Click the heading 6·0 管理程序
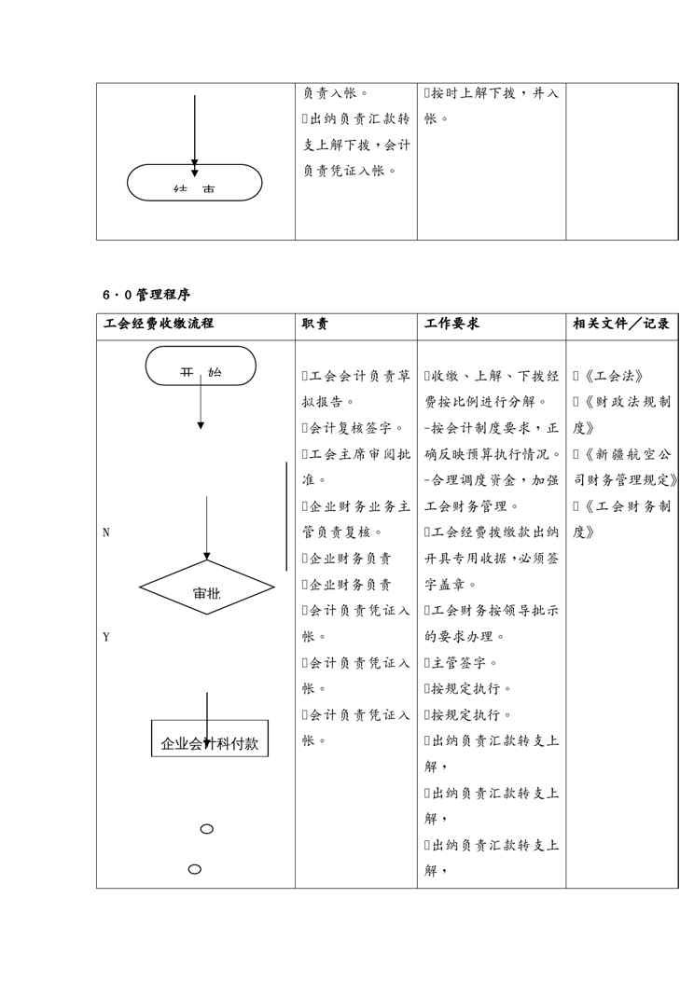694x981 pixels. point(147,295)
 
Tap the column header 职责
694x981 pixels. point(314,324)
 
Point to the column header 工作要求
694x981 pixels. point(452,324)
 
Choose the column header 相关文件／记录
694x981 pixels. point(621,324)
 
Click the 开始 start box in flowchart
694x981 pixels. point(201,366)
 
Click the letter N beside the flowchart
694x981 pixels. point(105,532)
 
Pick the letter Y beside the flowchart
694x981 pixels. point(105,637)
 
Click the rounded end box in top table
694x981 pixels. point(195,183)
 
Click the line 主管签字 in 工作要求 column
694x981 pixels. point(464,663)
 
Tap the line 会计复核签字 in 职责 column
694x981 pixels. point(354,428)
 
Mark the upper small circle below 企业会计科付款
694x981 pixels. point(207,828)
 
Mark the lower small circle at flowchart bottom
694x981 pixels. point(195,869)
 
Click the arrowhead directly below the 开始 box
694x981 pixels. point(201,425)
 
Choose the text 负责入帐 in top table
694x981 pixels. point(333,93)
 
